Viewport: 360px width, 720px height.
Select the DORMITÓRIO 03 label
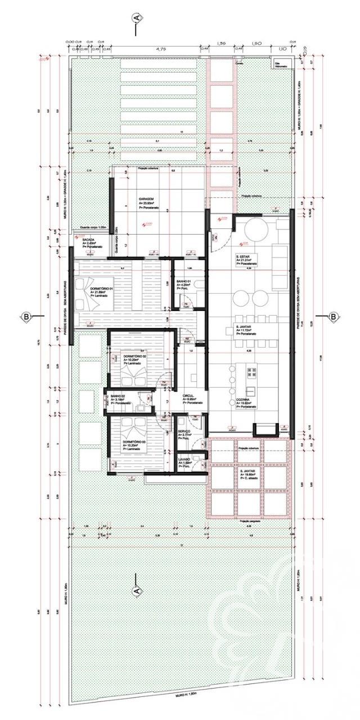(134, 442)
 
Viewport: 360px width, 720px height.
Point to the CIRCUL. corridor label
(188, 395)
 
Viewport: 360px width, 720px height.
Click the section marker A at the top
(136, 19)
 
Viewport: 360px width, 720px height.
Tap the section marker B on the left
(26, 316)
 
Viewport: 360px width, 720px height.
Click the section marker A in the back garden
(136, 591)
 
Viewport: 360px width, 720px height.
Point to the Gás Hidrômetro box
(281, 64)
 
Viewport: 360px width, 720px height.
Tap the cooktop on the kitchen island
(251, 372)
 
